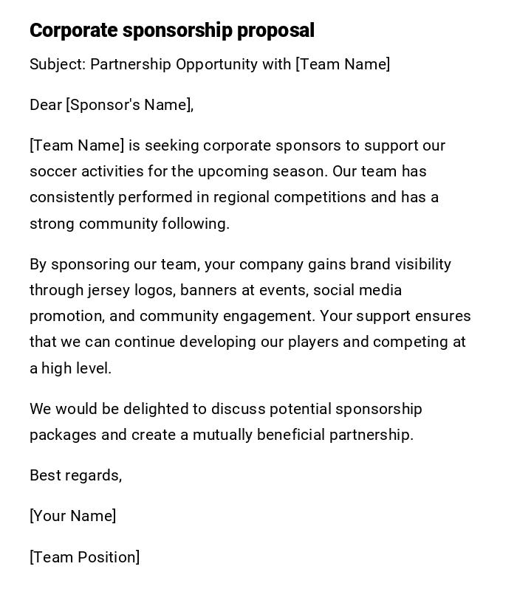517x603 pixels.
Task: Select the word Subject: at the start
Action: click(x=58, y=64)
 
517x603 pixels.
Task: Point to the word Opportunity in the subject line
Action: click(x=218, y=64)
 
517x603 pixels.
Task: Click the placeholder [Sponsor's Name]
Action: click(x=129, y=105)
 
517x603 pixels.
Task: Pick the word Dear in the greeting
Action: click(x=46, y=105)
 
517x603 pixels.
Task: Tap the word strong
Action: click(x=52, y=224)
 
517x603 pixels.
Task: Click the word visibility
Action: click(x=423, y=264)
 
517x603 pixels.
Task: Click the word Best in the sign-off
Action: click(x=45, y=475)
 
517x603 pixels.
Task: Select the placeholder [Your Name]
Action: click(x=73, y=516)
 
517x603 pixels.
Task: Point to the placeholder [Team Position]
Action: click(x=85, y=557)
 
